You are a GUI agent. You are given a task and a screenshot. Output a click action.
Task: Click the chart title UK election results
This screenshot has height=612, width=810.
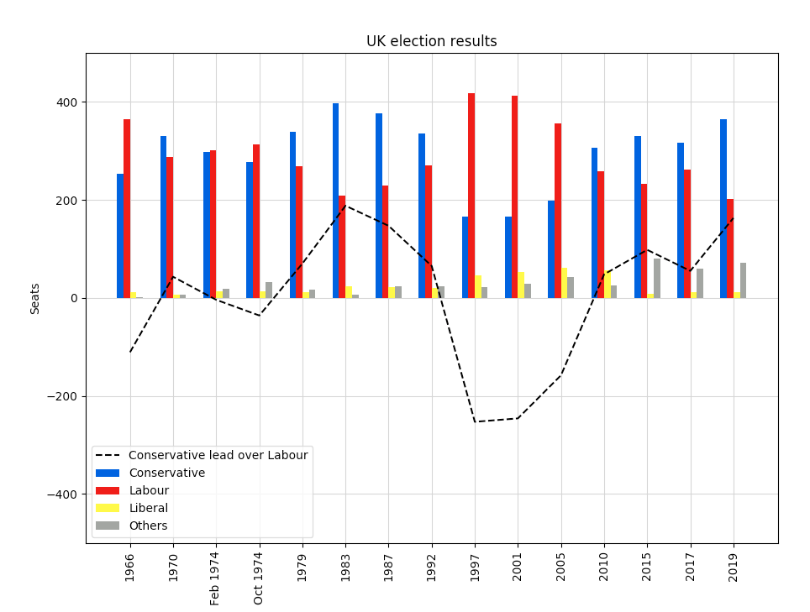[431, 41]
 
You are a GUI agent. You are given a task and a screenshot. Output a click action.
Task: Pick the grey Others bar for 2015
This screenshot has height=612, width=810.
[657, 278]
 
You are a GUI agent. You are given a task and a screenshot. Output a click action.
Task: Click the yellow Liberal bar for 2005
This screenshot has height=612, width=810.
[564, 283]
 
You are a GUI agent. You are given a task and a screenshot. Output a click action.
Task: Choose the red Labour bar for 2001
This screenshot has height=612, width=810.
[514, 196]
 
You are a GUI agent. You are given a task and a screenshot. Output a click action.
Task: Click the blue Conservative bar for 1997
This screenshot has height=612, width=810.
[465, 257]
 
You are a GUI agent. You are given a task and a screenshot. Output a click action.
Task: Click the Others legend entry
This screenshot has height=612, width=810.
[148, 526]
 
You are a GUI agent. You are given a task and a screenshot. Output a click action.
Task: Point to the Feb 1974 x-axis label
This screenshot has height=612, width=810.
[215, 577]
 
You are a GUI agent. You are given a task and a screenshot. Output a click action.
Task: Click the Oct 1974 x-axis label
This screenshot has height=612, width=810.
[259, 577]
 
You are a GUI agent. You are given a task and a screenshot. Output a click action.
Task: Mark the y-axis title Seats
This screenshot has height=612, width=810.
[35, 298]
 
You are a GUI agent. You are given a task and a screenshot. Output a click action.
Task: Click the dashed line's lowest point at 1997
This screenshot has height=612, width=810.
[475, 421]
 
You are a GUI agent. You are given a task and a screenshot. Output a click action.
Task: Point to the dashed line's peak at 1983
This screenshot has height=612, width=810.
[345, 206]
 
